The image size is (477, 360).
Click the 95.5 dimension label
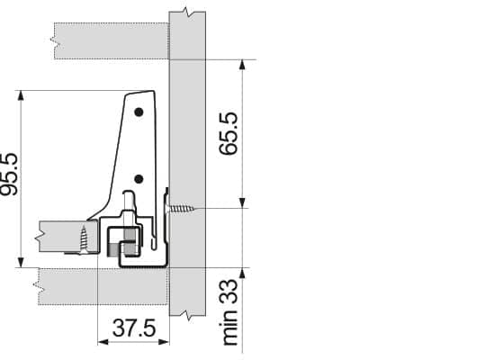coord(10,174)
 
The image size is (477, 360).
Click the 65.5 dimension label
coord(229,133)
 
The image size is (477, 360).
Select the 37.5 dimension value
coord(134,328)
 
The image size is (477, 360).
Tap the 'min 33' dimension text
coord(229,312)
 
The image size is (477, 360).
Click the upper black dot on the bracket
coord(139,112)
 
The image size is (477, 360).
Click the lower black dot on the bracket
coord(139,179)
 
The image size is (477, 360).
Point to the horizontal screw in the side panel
coord(181,209)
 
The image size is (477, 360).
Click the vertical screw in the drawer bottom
coord(84,239)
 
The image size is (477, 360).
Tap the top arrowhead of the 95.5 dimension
coord(21,95)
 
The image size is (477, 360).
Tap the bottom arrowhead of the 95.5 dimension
coord(21,262)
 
